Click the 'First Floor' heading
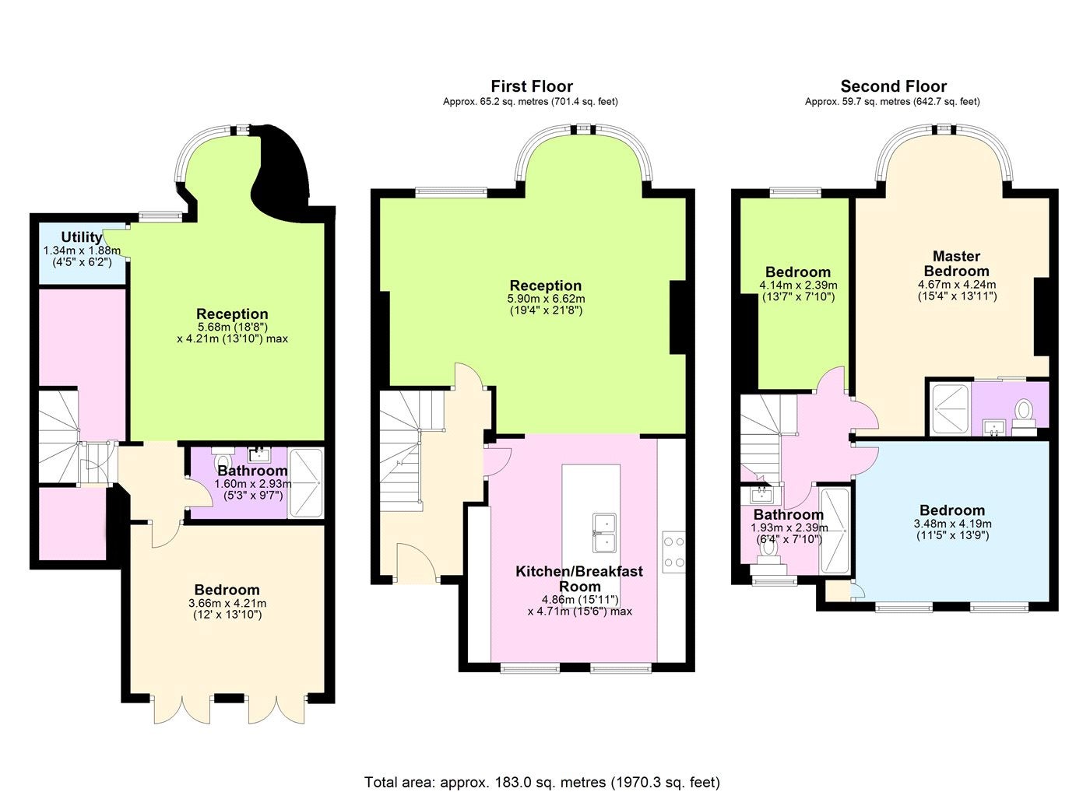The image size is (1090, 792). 531,86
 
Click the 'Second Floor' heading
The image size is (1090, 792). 894,86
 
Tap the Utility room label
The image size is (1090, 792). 81,237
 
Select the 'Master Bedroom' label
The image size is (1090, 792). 956,264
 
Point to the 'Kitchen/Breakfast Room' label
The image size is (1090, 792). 579,579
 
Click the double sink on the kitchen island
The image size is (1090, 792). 604,532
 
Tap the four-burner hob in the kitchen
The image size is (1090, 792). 674,553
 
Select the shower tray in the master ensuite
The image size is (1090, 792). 951,409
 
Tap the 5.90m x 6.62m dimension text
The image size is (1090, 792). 546,299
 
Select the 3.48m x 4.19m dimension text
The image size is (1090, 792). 952,524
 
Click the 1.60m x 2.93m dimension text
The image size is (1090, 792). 253,484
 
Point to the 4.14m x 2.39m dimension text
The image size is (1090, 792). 798,286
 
